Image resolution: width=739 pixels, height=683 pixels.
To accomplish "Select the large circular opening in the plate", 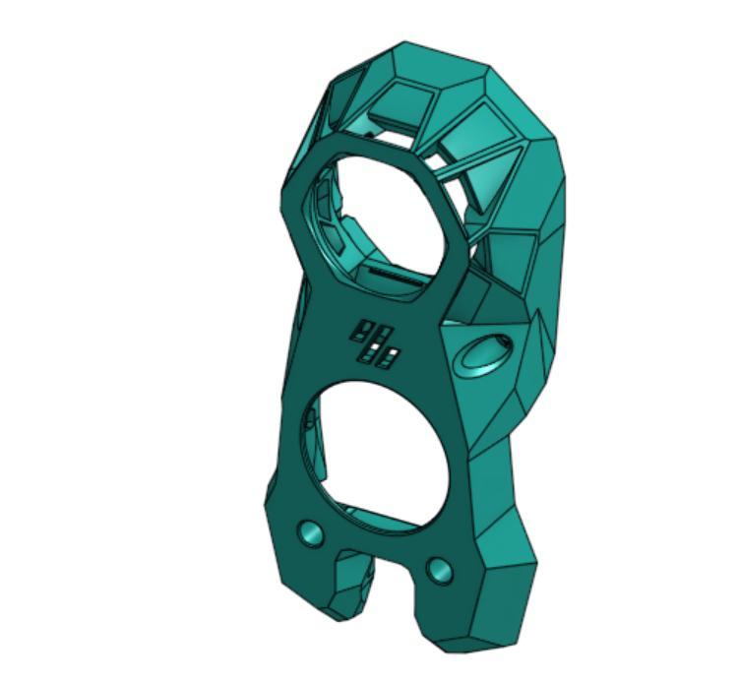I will pos(379,448).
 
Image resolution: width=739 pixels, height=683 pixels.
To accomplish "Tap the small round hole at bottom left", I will pos(311,534).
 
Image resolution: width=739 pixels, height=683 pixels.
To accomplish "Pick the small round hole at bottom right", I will pos(439,570).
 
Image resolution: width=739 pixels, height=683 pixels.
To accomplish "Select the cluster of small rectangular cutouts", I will pos(375,343).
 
